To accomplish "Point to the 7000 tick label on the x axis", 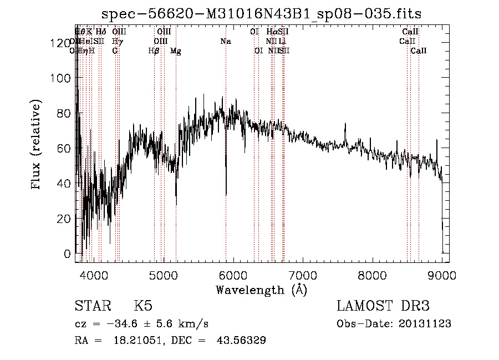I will tap(303, 276).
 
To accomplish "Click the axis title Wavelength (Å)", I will tap(261, 290).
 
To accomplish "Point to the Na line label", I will tap(226, 42).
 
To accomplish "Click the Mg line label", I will tap(176, 51).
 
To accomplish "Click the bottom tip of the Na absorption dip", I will tap(226, 195).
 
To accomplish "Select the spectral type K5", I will tap(143, 306).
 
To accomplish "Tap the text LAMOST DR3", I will tap(383, 306).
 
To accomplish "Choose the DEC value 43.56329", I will tap(242, 341).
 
